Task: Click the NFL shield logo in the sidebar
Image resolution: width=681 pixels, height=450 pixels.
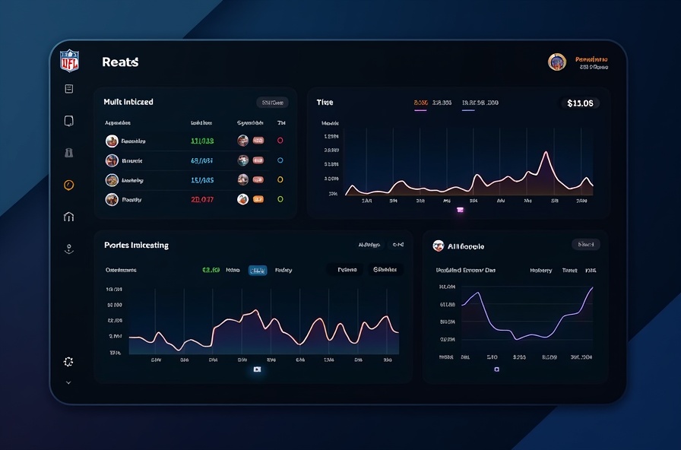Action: [x=69, y=60]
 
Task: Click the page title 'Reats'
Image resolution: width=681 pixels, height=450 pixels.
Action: [x=120, y=62]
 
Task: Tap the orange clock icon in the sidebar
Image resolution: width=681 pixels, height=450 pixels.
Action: [x=69, y=185]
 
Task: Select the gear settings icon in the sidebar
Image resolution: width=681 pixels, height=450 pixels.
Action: [x=68, y=362]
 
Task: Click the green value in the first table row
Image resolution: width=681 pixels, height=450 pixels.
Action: [x=202, y=141]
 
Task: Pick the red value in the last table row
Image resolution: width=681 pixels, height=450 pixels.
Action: [x=202, y=199]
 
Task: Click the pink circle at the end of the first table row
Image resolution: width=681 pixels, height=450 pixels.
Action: [x=280, y=141]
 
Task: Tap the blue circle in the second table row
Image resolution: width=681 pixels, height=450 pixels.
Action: [x=280, y=160]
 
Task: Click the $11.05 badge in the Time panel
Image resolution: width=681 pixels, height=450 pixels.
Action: [x=580, y=103]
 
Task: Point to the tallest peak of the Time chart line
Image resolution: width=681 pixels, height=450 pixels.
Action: [x=545, y=153]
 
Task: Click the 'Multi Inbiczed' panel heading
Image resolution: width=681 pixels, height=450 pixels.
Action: [x=128, y=102]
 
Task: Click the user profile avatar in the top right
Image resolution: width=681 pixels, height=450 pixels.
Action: [x=557, y=62]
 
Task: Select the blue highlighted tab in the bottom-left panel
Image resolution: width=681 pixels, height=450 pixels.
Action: [x=258, y=270]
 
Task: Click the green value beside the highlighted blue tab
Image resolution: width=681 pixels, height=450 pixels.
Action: [x=211, y=270]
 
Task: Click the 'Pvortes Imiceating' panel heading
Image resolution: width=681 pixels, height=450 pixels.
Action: [x=136, y=246]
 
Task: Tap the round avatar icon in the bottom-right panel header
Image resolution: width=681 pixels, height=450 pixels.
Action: [x=438, y=246]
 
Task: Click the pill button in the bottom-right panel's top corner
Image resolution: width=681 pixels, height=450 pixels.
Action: [x=585, y=245]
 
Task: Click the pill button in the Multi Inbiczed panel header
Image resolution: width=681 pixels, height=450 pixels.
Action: [x=271, y=103]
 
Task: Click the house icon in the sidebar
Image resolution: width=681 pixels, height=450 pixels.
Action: [x=69, y=217]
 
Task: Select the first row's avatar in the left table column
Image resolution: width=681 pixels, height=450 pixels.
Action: [x=112, y=141]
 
